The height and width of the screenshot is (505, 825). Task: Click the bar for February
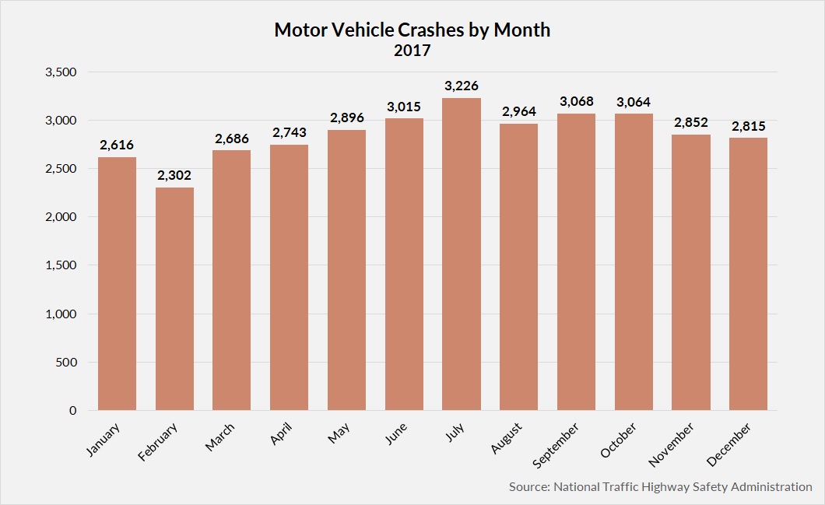pos(174,299)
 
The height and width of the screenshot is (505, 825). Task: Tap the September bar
pos(576,262)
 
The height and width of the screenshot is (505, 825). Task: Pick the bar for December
pos(748,274)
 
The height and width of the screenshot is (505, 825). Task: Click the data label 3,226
pos(461,86)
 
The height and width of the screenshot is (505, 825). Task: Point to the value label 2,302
pos(174,176)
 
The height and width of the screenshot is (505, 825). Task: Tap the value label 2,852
pos(690,123)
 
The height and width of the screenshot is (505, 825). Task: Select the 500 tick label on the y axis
pos(67,362)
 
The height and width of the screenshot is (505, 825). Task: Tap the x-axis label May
pos(339,435)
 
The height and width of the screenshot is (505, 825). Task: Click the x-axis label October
pos(620,440)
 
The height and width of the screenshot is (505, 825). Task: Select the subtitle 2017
pos(412,51)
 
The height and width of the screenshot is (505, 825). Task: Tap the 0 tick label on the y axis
pos(73,410)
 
